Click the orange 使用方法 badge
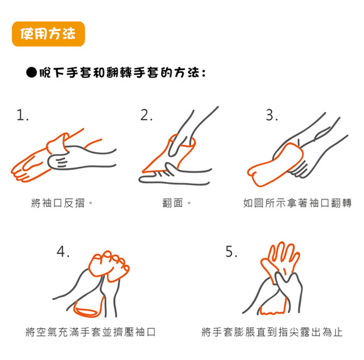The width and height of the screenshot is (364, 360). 48,34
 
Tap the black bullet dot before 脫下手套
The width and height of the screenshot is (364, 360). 31,73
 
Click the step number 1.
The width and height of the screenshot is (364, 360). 22,116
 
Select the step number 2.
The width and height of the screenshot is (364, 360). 147,115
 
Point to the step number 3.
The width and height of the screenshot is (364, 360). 272,115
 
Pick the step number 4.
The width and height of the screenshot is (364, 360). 63,251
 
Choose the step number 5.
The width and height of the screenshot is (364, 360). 231,251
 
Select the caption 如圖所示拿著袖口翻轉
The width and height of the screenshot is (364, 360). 297,203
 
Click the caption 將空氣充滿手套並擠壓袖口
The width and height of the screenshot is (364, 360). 91,332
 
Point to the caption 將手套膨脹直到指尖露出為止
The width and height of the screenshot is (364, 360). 272,332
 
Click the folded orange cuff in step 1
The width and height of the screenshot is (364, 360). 57,144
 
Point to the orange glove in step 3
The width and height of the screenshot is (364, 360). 276,165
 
